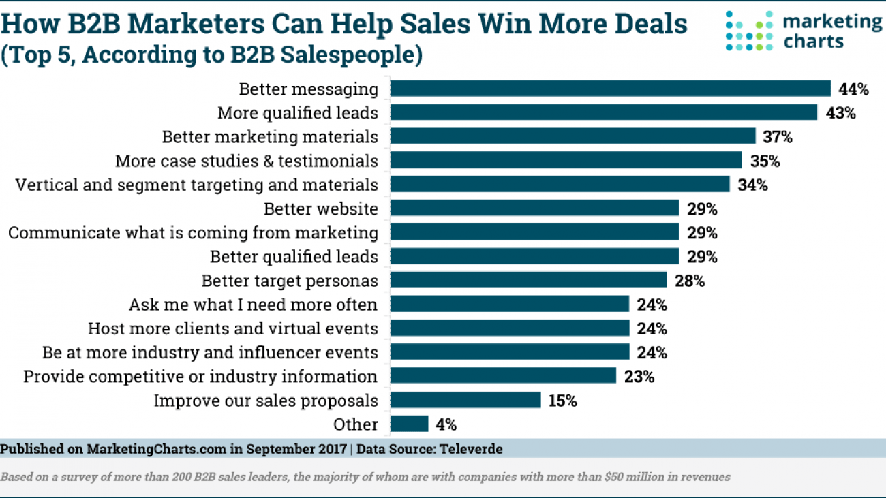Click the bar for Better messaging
(x=610, y=89)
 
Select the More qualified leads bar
(x=603, y=112)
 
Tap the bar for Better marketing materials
(x=572, y=136)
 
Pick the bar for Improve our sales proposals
(x=465, y=400)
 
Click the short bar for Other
(x=409, y=424)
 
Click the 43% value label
(x=840, y=113)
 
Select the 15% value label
(x=562, y=401)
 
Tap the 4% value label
(x=446, y=424)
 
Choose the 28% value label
(x=690, y=281)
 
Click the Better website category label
(x=321, y=208)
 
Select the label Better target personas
(x=290, y=281)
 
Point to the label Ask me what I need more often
(x=253, y=305)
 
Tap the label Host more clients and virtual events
(x=232, y=328)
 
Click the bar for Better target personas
(x=528, y=280)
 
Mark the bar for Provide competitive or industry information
(x=503, y=376)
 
